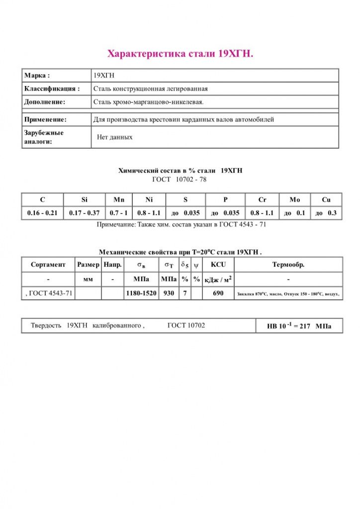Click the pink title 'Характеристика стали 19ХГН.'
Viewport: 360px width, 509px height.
[x=180, y=54]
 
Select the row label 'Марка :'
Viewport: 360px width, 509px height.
[x=37, y=76]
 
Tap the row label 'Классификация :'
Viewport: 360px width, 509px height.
[x=52, y=88]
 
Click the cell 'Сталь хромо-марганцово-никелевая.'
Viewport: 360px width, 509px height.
[x=149, y=102]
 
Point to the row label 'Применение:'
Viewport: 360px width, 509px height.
[x=45, y=120]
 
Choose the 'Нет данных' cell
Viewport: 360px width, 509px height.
[x=115, y=137]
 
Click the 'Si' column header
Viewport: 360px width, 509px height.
[x=85, y=200]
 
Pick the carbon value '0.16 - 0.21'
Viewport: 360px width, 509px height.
[x=42, y=213]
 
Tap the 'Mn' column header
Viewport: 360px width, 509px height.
[x=119, y=200]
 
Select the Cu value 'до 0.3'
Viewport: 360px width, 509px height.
[x=326, y=213]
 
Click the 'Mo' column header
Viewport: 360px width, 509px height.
[x=295, y=200]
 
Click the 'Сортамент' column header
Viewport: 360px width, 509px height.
[x=48, y=264]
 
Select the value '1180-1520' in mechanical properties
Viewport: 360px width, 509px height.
[x=141, y=293]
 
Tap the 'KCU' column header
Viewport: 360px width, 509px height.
[x=218, y=264]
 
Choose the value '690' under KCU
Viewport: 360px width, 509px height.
[x=218, y=293]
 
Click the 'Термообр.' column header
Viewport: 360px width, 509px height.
[x=288, y=264]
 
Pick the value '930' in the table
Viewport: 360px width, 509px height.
[x=169, y=293]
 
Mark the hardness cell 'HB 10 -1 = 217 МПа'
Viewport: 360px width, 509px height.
[x=298, y=326]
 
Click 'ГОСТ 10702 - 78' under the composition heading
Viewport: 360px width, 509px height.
[x=179, y=179]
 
